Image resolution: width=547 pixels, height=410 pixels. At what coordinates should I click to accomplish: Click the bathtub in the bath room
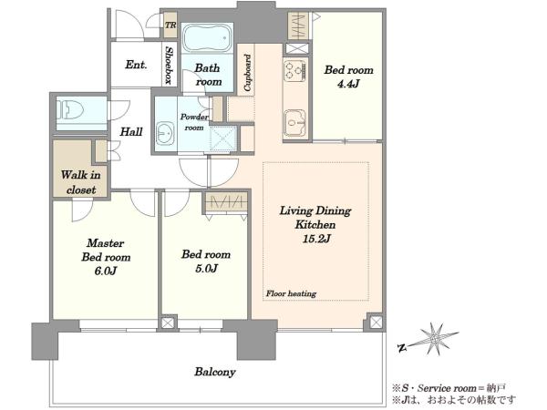click(x=207, y=37)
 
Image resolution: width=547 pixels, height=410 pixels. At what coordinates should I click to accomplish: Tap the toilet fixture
click(x=70, y=110)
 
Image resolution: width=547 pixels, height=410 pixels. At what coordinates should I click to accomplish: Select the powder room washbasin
click(x=165, y=133)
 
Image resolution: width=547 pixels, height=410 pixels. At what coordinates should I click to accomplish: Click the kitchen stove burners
click(x=294, y=71)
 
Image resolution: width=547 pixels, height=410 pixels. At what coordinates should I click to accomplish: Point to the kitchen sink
click(x=294, y=123)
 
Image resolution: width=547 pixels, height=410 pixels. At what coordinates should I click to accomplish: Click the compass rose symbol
click(x=434, y=338)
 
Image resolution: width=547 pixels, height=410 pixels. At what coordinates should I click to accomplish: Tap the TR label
click(x=170, y=26)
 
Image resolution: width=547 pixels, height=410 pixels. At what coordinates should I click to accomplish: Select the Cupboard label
click(x=247, y=73)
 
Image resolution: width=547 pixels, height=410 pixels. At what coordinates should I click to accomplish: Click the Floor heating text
click(x=291, y=293)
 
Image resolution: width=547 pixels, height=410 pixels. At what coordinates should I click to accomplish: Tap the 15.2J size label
click(x=315, y=239)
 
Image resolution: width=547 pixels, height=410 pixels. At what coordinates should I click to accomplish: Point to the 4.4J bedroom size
click(x=348, y=84)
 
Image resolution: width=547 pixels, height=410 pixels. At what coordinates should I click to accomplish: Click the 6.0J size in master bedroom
click(x=106, y=271)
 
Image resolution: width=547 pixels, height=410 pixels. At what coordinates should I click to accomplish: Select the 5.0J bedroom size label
click(x=206, y=269)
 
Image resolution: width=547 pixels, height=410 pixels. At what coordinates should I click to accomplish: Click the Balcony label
click(x=215, y=372)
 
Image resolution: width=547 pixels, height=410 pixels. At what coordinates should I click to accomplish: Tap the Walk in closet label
click(x=81, y=182)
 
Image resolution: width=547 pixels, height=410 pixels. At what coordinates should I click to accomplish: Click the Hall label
click(x=131, y=132)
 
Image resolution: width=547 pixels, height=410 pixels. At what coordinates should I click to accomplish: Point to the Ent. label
click(x=136, y=65)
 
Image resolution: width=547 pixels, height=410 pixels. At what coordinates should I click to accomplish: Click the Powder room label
click(x=194, y=122)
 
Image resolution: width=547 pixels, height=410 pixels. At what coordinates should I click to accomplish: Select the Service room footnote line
click(x=449, y=388)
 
